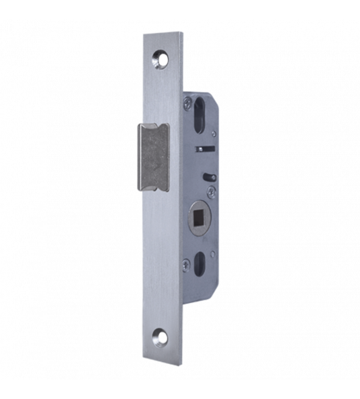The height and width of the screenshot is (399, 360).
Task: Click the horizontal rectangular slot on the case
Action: tap(203, 147)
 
